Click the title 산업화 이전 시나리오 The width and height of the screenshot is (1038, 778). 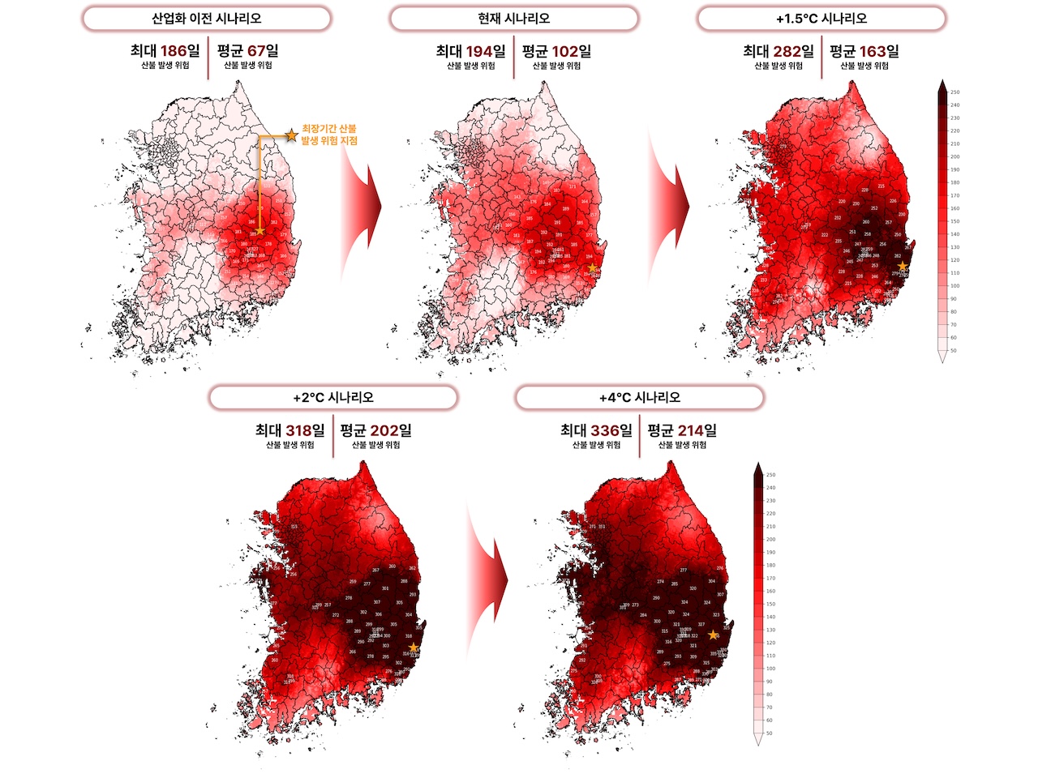(x=207, y=18)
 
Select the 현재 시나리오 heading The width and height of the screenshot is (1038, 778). (x=514, y=18)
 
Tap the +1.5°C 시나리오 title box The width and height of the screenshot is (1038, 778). (x=821, y=18)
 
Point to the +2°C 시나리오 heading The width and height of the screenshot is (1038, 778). (x=332, y=398)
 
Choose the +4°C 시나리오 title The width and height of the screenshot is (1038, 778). (x=639, y=398)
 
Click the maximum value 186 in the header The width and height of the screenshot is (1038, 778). (x=174, y=51)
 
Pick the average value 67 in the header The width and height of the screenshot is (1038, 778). (x=257, y=51)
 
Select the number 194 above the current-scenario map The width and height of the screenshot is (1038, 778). (x=479, y=51)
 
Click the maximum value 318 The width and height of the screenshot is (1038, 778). (x=299, y=430)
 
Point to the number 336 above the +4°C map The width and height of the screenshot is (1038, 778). (x=605, y=430)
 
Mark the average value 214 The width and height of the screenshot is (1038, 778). (x=691, y=430)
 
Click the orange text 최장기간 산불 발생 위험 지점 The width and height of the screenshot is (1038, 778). (x=328, y=135)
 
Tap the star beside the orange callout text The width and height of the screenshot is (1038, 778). (x=291, y=135)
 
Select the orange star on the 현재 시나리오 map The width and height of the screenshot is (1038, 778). (x=593, y=267)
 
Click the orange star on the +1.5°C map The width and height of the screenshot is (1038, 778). (x=903, y=266)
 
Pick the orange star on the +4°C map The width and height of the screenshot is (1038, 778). (x=713, y=635)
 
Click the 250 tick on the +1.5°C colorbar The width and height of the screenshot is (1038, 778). (x=954, y=92)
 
